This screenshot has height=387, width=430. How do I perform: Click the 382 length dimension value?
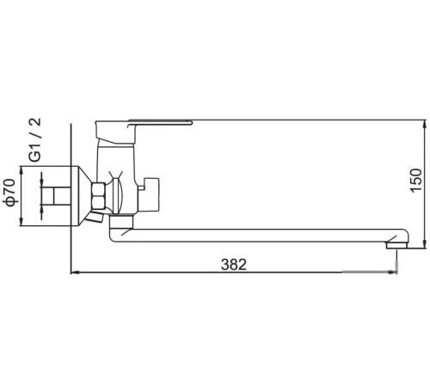tap(230, 265)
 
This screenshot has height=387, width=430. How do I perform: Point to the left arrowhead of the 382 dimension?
tap(73, 273)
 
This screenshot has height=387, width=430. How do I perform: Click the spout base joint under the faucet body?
tap(120, 225)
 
